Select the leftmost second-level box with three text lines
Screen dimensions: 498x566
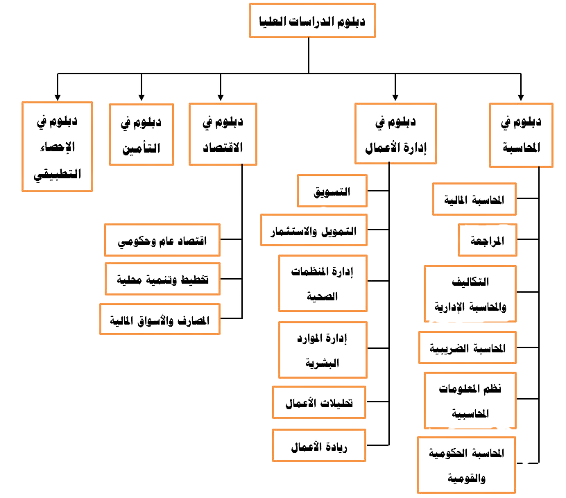58,145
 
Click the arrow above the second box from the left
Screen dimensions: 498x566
141,86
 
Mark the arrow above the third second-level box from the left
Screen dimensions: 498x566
221,86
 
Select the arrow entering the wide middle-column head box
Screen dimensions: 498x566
395,86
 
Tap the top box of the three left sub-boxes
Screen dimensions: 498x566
162,240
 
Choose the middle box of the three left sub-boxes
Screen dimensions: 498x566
163,278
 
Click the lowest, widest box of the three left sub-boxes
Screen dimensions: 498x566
160,320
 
